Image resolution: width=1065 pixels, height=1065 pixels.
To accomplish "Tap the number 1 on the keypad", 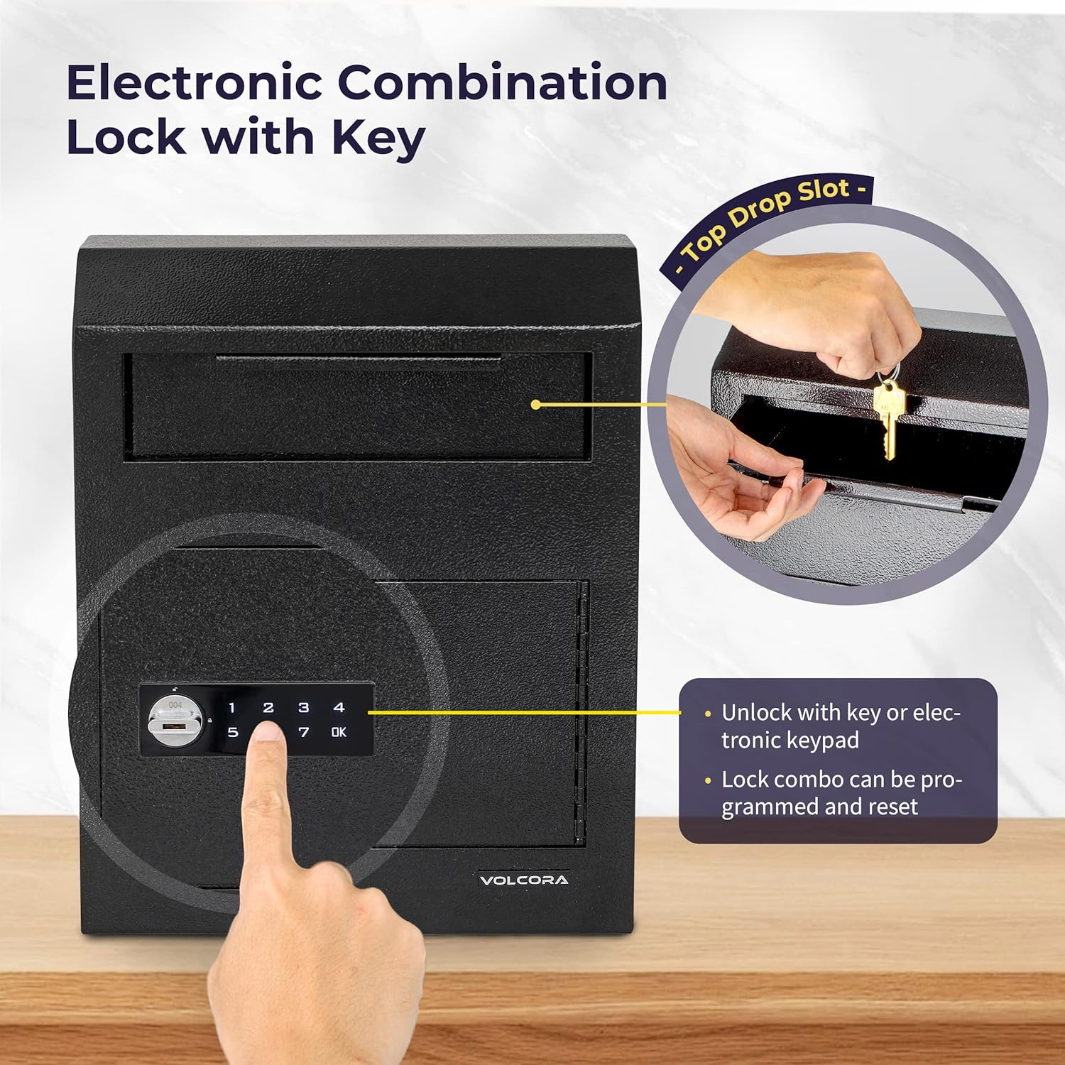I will coord(231,708).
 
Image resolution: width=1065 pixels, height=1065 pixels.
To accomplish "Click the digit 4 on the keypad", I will coord(339,707).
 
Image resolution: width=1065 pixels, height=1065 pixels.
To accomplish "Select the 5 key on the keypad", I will coord(233,732).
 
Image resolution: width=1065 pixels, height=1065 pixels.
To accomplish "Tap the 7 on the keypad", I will coord(304,732).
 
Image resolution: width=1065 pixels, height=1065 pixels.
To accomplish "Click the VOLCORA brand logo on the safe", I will coord(524,880).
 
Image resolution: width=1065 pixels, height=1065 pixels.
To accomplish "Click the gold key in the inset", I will coord(887,419).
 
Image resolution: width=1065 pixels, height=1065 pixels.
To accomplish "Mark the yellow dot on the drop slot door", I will coord(536,405).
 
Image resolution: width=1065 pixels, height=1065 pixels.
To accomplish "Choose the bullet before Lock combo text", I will coord(707,781).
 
